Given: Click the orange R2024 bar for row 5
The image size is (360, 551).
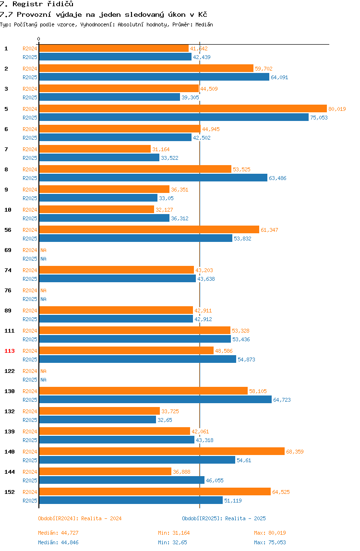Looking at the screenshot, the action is coord(183,108).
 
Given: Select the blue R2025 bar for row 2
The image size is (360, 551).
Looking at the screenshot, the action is coord(154,77).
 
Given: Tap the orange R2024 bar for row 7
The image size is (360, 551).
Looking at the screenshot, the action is coord(95,149).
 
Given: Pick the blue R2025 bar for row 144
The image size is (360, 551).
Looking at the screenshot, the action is coord(121,480).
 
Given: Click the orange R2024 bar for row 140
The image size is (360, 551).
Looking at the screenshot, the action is coord(162,451).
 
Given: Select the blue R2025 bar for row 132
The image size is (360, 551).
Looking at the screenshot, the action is coord(97,419).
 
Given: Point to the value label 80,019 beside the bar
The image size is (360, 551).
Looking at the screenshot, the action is coord(337,109).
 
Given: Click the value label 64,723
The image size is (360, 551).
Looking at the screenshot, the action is coord(282,400).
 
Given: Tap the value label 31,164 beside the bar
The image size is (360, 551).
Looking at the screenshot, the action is coord(161,149).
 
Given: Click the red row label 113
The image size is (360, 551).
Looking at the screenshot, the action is coord(10,351).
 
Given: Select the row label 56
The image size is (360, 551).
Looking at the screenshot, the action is coord(8,230).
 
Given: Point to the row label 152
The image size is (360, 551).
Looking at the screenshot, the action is coord(10,492).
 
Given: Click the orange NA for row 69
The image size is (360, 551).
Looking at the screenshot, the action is coord(43,250).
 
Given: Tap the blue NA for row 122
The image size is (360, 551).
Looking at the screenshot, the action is coord(43,380).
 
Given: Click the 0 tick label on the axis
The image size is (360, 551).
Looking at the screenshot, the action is coord(39,39).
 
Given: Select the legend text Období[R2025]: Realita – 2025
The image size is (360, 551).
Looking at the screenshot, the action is coord(224,518).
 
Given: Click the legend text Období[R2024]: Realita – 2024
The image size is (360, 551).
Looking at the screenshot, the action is coord(80,518).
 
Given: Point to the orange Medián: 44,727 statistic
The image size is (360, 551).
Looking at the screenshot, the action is coord(59,533).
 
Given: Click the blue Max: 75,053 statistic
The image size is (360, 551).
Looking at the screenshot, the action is coord(270,542).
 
